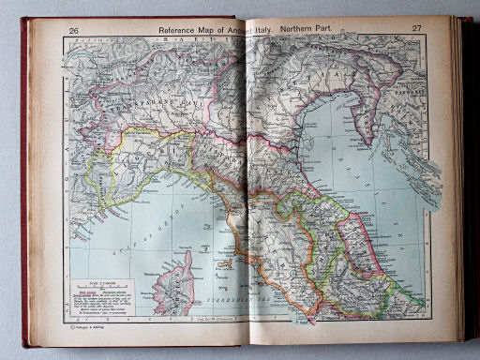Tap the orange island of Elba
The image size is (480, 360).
[x=225, y=263]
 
